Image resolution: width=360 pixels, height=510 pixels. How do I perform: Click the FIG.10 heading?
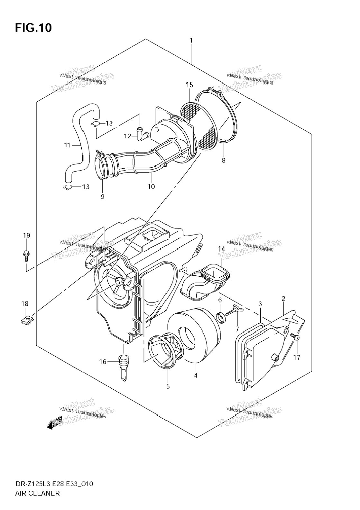[x=33, y=28]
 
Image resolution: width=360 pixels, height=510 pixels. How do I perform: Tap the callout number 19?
[x=26, y=236]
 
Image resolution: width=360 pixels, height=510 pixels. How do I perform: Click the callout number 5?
[x=168, y=386]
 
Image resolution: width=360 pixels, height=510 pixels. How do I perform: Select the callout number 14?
[x=222, y=249]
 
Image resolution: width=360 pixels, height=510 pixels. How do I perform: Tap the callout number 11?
[x=67, y=145]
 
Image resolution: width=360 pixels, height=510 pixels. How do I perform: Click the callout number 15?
[x=189, y=85]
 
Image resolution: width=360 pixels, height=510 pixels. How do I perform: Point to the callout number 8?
[x=224, y=160]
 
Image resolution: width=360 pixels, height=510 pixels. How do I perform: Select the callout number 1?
[x=191, y=41]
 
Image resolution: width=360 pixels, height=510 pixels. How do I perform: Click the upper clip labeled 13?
[x=96, y=124]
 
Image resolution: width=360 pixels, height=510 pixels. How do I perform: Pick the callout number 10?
[x=151, y=187]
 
